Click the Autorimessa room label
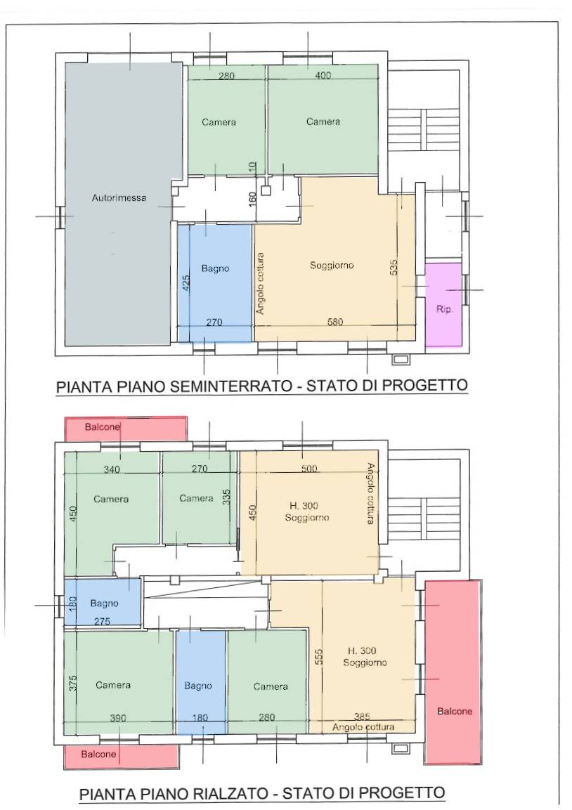119,197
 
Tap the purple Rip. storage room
444,305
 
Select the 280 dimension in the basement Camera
226,76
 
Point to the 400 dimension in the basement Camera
323,75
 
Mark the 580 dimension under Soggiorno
334,322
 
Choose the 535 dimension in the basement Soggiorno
394,266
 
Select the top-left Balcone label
103,426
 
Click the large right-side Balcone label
455,712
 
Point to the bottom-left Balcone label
98,755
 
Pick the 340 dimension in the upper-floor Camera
112,469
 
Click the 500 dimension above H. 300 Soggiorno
309,469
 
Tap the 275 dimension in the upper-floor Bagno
103,622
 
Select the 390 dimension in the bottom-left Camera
118,718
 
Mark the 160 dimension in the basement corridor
252,200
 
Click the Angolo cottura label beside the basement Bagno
260,283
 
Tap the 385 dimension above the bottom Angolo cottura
362,717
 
